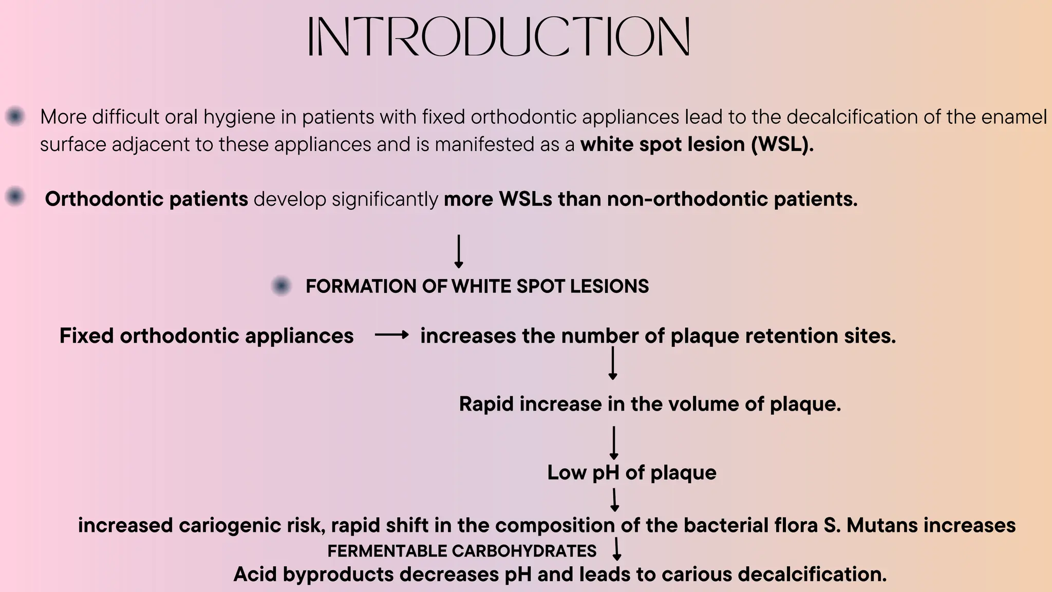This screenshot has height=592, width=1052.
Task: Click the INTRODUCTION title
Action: click(498, 36)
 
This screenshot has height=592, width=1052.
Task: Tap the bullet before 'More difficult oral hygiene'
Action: click(15, 117)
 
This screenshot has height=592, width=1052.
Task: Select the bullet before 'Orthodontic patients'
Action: click(15, 197)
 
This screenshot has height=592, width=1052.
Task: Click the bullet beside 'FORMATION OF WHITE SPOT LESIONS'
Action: click(281, 286)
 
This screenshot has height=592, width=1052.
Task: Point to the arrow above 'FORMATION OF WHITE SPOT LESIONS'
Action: click(459, 251)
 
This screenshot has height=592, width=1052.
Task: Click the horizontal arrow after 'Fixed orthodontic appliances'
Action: click(391, 336)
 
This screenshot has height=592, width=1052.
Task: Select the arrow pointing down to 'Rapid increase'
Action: click(612, 363)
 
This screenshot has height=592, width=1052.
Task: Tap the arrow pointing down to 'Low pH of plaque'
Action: click(613, 442)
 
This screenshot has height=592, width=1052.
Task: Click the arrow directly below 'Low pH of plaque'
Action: click(614, 499)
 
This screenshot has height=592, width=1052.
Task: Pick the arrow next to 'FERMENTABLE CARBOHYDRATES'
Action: click(617, 549)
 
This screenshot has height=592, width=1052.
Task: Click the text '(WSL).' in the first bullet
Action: click(782, 144)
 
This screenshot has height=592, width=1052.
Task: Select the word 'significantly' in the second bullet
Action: click(385, 199)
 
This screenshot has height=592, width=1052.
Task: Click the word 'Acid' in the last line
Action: click(255, 574)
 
